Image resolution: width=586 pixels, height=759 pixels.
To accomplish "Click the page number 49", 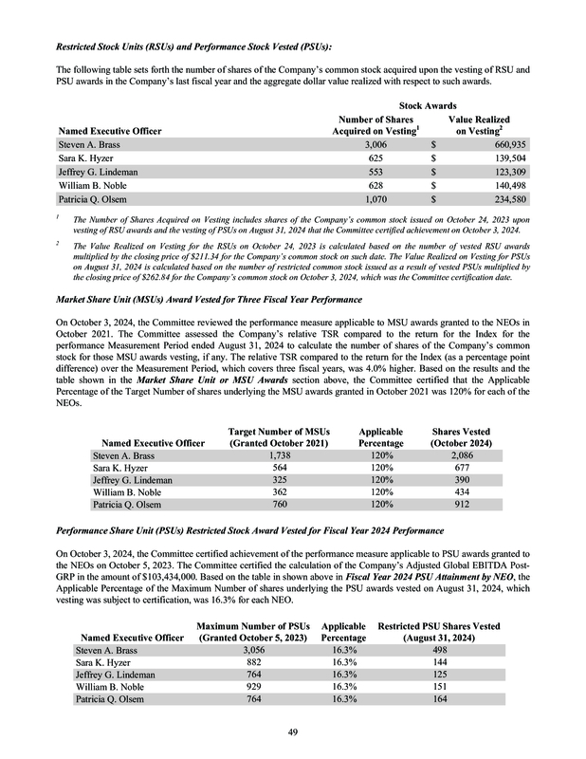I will (x=293, y=731).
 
